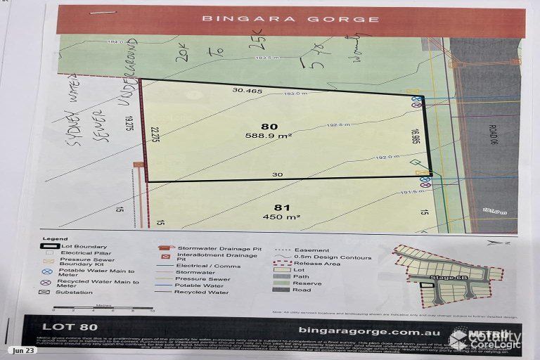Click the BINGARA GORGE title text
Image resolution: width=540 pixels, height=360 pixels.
(290, 19)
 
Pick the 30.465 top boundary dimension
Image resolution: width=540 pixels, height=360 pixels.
(247, 90)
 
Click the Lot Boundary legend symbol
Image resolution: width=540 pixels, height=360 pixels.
(47, 247)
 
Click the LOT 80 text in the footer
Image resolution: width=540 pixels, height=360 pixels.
(70, 326)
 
